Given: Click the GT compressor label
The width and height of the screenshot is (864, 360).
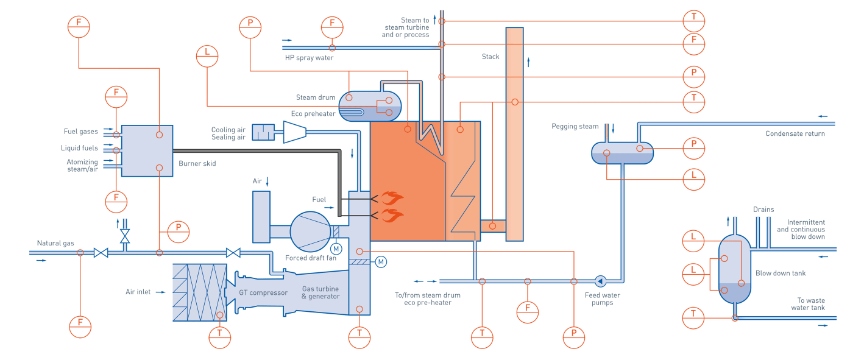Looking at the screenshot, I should (263, 293).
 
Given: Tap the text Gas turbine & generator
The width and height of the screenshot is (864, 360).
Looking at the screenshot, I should (320, 292).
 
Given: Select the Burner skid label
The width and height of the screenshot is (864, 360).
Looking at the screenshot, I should (197, 164).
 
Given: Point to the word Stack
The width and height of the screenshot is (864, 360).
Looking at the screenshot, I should (490, 57).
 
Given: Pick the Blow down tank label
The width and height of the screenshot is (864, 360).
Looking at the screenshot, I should (781, 274).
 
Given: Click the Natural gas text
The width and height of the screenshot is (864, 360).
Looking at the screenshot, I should (55, 243).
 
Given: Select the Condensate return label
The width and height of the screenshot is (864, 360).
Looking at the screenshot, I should (796, 134).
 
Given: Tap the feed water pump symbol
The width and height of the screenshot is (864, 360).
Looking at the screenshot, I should (600, 281).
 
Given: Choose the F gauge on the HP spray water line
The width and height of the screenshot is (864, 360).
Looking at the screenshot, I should (332, 24).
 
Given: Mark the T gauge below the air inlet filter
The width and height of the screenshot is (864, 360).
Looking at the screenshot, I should (220, 333).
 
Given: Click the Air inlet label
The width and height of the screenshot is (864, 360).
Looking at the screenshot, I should (138, 292).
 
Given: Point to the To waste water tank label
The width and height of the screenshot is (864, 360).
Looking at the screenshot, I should (810, 304).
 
